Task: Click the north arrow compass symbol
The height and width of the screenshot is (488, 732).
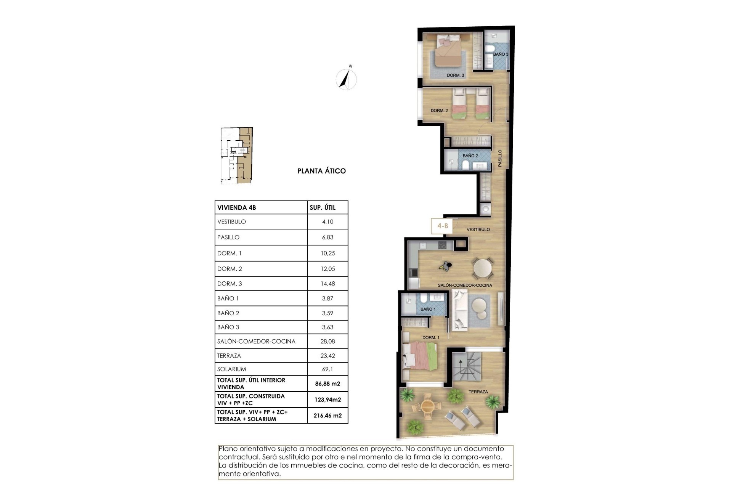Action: coord(346,79)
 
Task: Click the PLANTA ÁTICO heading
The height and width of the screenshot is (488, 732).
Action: coord(321,171)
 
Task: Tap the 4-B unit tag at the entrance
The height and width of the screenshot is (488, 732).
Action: coord(442,226)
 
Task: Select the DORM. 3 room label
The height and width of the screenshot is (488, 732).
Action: coord(455,75)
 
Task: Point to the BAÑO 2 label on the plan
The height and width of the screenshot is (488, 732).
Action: coord(470,156)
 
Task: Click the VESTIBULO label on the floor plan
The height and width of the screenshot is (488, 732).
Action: coord(478,230)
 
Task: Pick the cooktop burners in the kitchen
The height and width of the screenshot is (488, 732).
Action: coord(442,246)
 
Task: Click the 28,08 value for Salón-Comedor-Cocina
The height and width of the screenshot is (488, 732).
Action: coord(327,342)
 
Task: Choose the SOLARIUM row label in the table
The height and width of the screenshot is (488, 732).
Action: coord(231,369)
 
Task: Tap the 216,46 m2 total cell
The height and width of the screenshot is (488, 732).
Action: coord(327,416)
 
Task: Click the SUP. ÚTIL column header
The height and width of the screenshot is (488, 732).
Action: coord(323,208)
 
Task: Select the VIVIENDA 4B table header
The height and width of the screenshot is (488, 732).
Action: coord(236,208)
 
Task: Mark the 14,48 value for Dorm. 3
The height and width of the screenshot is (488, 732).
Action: coord(327,284)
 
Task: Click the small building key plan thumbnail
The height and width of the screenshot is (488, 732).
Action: coord(236,156)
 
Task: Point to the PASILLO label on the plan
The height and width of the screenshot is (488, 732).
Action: coord(500,158)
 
